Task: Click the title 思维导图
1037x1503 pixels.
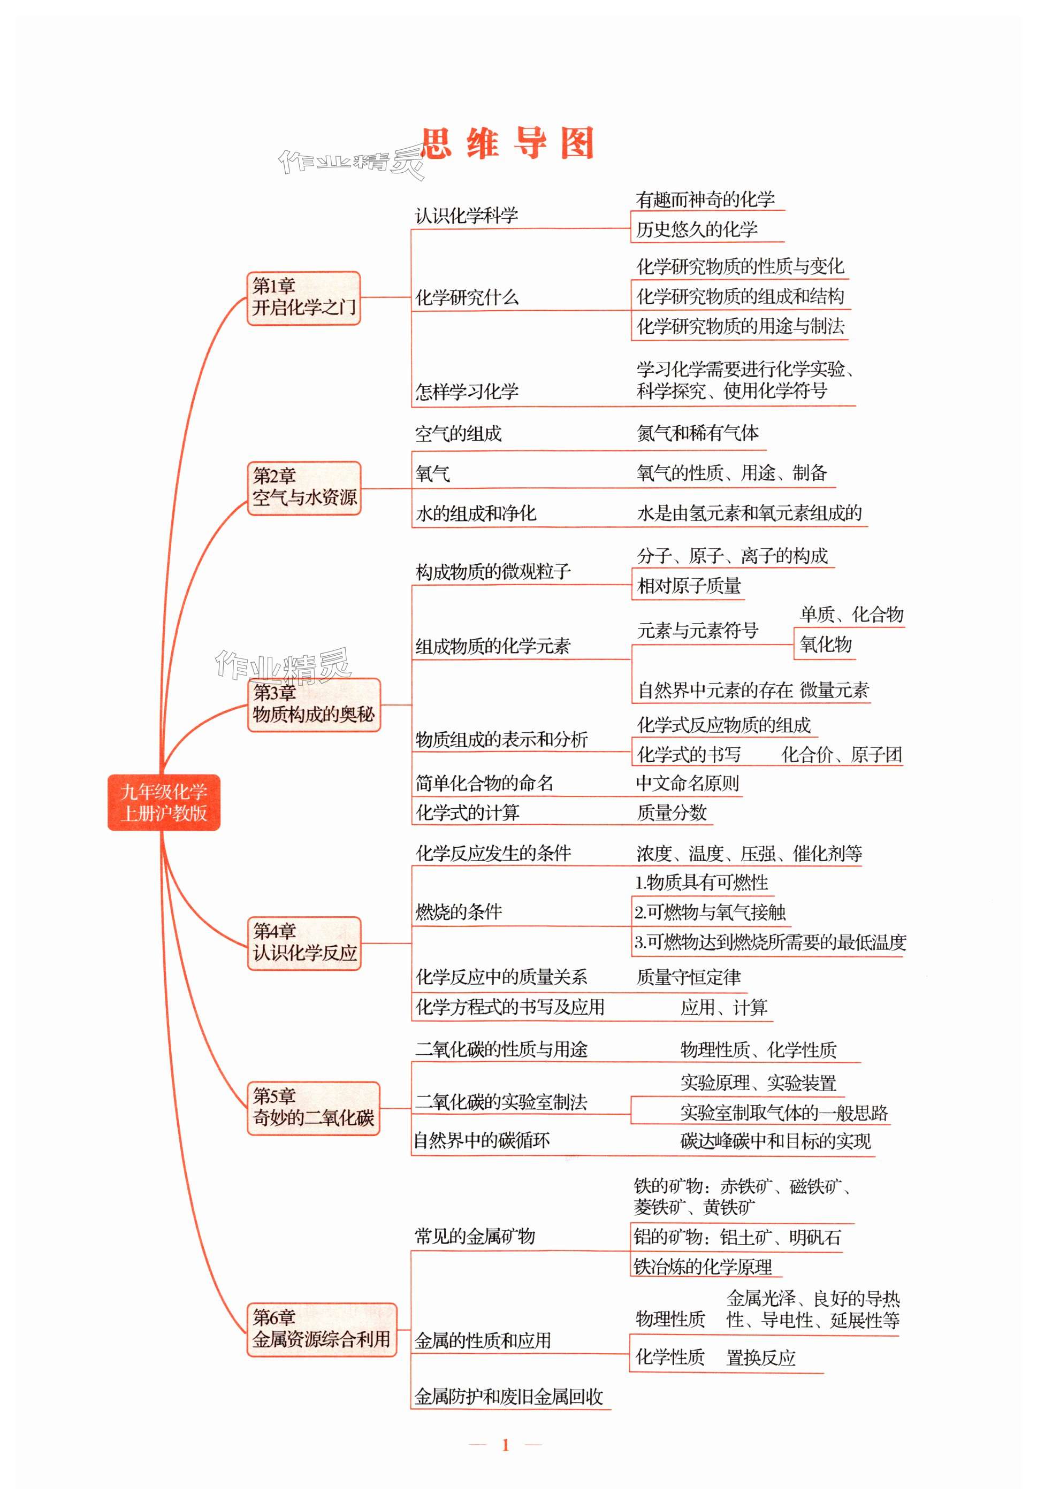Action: coord(507,143)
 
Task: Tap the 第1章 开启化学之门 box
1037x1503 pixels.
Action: coord(303,297)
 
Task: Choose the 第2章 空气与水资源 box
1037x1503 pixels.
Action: coord(303,487)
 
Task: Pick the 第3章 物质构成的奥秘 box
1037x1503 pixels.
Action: coord(313,704)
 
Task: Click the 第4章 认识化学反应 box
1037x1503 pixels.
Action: coord(303,942)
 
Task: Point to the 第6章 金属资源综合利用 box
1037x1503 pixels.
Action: coord(321,1329)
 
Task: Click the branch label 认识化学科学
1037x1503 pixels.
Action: coord(466,216)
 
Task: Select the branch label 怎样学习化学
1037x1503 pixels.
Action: coord(466,392)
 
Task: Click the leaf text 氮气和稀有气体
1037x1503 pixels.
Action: coord(697,433)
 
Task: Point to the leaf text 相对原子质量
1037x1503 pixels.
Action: coord(689,586)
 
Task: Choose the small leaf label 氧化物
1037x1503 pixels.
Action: coord(825,645)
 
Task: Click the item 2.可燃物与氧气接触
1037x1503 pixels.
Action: coord(710,912)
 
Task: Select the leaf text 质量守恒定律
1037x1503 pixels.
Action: coord(688,977)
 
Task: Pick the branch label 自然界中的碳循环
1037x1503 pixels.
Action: coord(482,1140)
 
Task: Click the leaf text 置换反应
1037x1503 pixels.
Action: coord(760,1358)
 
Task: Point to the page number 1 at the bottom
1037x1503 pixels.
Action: coord(505,1445)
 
